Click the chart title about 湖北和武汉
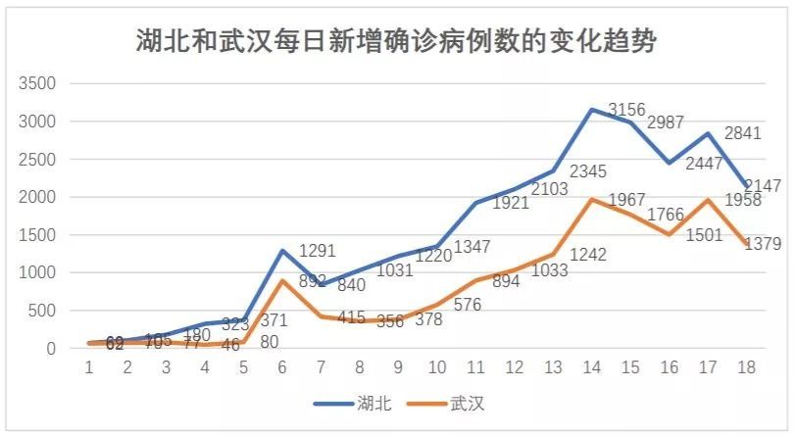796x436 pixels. [x=397, y=42]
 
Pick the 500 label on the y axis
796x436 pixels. [x=42, y=312]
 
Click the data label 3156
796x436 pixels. [x=627, y=109]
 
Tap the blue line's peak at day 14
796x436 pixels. [x=592, y=110]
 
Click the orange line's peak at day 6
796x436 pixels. [x=282, y=281]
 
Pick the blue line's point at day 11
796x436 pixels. [x=476, y=203]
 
